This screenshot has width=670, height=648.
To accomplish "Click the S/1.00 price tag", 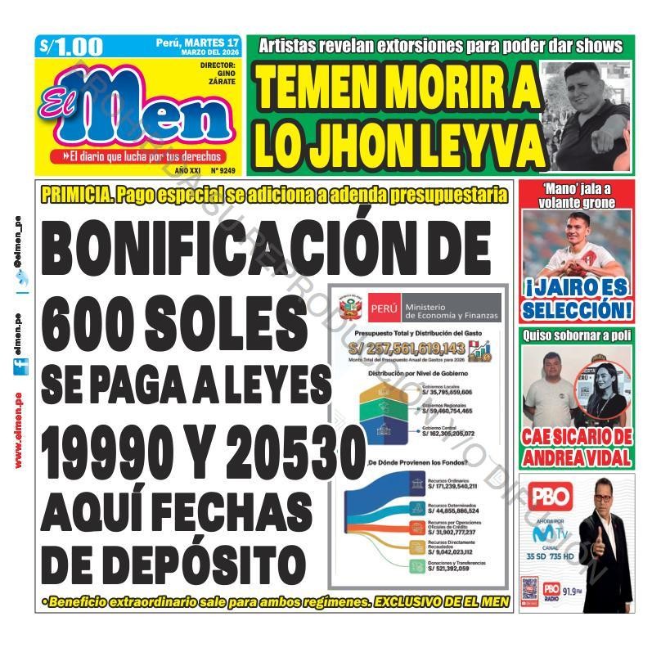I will pyautogui.click(x=71, y=47).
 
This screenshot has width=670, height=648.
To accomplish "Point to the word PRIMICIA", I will pyautogui.click(x=75, y=196).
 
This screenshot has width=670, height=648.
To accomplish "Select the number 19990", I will pyautogui.click(x=113, y=448).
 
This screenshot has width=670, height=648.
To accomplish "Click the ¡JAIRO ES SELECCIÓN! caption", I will pyautogui.click(x=577, y=299).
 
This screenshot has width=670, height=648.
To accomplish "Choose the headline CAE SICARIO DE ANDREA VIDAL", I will pyautogui.click(x=577, y=447).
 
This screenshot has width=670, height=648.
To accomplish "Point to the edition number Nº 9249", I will pyautogui.click(x=223, y=171).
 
